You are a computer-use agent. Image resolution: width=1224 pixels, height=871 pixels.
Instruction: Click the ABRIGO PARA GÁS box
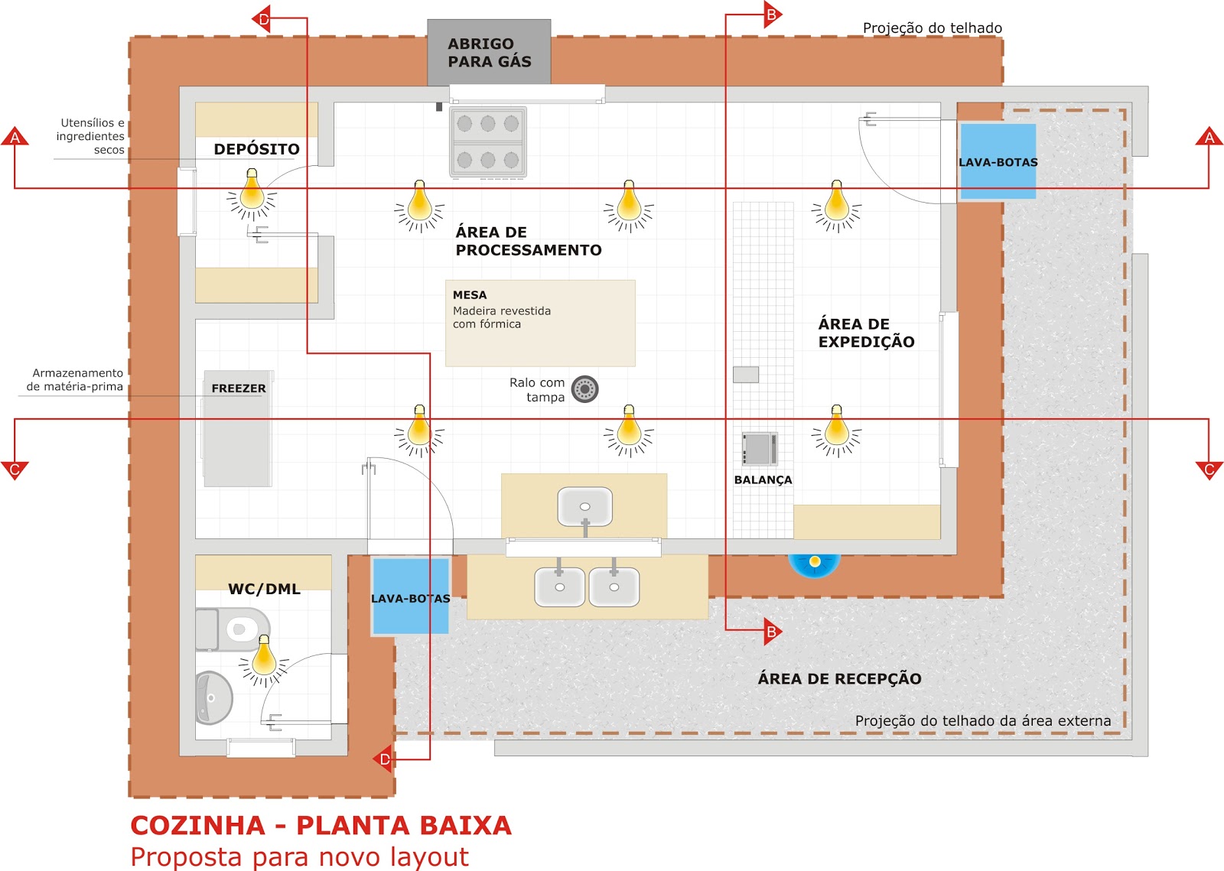(x=489, y=52)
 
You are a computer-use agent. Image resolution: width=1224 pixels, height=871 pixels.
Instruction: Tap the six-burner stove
(x=488, y=142)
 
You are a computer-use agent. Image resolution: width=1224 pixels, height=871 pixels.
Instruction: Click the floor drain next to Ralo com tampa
(x=584, y=389)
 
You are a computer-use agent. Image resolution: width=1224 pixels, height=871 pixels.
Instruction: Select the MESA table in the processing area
(x=540, y=323)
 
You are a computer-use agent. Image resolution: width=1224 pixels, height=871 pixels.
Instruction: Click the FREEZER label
(x=239, y=388)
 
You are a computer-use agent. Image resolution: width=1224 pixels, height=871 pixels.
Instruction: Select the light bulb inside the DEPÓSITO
(x=252, y=193)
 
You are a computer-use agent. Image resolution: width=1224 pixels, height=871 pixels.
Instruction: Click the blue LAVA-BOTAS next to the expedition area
(x=998, y=161)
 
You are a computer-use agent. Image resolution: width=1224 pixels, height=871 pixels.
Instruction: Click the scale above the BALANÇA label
(x=760, y=449)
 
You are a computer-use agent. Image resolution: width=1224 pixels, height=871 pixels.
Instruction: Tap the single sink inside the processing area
(x=585, y=506)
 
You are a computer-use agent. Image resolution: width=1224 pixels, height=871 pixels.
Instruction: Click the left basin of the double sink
(x=559, y=587)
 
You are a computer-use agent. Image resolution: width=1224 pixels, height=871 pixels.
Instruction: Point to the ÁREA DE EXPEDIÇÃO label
(x=866, y=333)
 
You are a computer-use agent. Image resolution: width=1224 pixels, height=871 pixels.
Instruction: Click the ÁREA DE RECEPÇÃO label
(x=839, y=678)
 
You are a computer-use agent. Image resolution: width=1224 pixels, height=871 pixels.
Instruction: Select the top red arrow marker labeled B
(x=772, y=14)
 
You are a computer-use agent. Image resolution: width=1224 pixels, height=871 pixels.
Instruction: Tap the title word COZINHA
(x=197, y=826)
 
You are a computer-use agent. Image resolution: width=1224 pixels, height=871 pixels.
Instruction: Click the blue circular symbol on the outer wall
(x=815, y=563)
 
